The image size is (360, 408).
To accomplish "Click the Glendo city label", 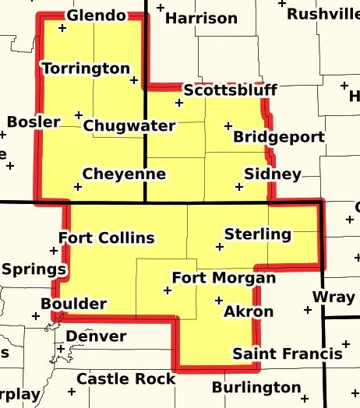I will pos(96,16).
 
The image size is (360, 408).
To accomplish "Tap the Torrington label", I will pos(86,69).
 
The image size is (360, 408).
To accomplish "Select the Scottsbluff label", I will pos(230,90).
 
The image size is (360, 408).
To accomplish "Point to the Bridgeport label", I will pos(279,137).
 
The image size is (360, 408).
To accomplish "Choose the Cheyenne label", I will pos(124,173).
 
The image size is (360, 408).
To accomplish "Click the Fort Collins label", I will pos(107,237).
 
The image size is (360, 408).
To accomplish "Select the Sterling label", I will pos(257,234).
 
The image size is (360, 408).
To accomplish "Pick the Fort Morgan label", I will pos(224,278).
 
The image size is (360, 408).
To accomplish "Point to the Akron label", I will pos(249,312).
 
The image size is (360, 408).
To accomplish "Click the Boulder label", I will pos(73,303).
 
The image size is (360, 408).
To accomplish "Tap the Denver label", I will pos(96,336).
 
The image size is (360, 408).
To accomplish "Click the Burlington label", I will pos(256,387).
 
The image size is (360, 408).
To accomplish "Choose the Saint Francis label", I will pos(288,353).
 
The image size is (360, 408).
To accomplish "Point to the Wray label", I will pos(333,297).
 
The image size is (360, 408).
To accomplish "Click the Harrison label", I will pos(202,17).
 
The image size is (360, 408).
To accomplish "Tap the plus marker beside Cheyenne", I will pos(77,187).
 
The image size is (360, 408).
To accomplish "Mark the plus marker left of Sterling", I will pos(219,247).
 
